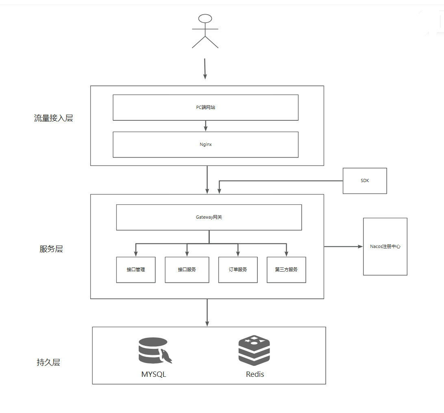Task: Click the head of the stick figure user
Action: coord(205,18)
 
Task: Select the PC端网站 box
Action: coord(205,108)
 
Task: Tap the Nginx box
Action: coord(205,144)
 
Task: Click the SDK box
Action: coord(365,181)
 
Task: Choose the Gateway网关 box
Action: coord(209,217)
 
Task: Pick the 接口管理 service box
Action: coord(136,270)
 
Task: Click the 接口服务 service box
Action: coord(187,270)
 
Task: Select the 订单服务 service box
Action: coord(238,270)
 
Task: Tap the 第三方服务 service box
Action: coord(286,270)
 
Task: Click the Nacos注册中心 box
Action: coord(385,246)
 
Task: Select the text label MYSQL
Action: coord(154,374)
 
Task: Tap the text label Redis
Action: coord(255,374)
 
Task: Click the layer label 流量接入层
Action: coord(53,118)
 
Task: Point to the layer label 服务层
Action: coord(51,249)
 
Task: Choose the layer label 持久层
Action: coord(48,362)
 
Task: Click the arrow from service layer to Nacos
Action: coord(343,246)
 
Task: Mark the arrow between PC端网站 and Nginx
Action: coord(205,126)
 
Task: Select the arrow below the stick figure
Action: coord(205,68)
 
